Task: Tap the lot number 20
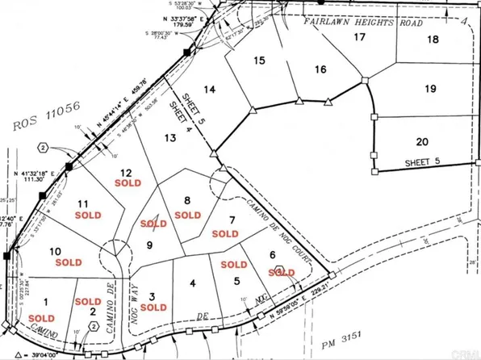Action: point(421,142)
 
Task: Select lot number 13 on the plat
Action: point(169,139)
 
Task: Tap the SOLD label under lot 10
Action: point(69,262)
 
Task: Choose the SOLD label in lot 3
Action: point(153,308)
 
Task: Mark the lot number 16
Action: point(321,70)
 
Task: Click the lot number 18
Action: point(433,40)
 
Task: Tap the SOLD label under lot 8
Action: point(187,215)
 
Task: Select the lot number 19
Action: point(429,88)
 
